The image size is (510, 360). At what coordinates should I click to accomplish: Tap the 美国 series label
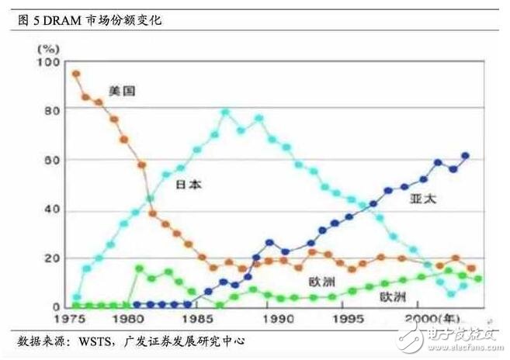[x=123, y=91]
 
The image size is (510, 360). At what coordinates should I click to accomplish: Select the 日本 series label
[x=189, y=186]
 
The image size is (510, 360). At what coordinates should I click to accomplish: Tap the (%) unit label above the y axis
[x=51, y=49]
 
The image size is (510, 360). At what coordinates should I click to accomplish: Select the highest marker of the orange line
[x=76, y=74]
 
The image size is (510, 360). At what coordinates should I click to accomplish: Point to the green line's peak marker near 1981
[x=139, y=268]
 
